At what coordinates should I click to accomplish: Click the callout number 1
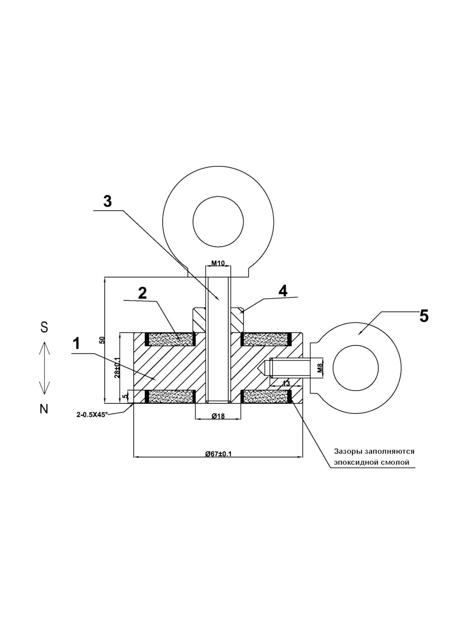[x=76, y=343]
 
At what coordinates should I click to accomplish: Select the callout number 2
[x=142, y=293]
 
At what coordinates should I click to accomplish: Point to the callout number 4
[x=283, y=291]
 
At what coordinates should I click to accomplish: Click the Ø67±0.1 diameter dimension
[x=218, y=453]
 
